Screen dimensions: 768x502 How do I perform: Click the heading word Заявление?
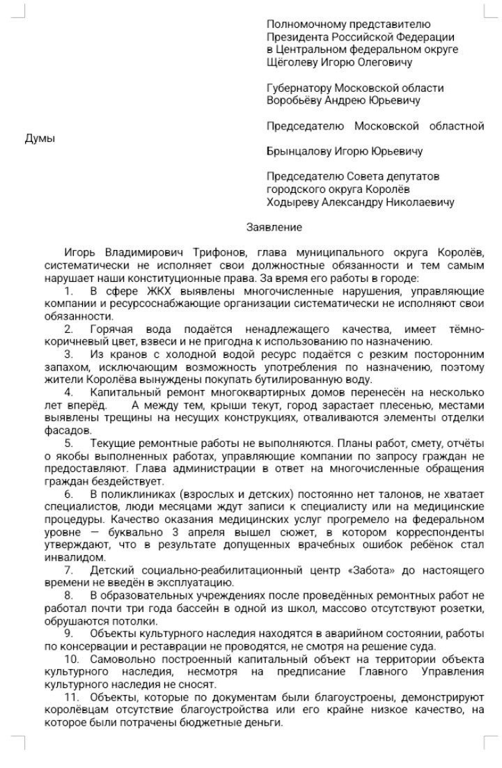pyautogui.click(x=274, y=227)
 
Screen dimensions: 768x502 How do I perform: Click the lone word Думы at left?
pyautogui.click(x=39, y=139)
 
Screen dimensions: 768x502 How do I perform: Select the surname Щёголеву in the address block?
pyautogui.click(x=292, y=62)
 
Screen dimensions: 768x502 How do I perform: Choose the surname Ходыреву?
pyautogui.click(x=292, y=202)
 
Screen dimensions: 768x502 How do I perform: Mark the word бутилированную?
pyautogui.click(x=292, y=379)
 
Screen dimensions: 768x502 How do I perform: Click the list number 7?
pyautogui.click(x=68, y=570)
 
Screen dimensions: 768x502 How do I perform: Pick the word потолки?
pyautogui.click(x=127, y=620)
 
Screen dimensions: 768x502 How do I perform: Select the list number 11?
pyautogui.click(x=70, y=697)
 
